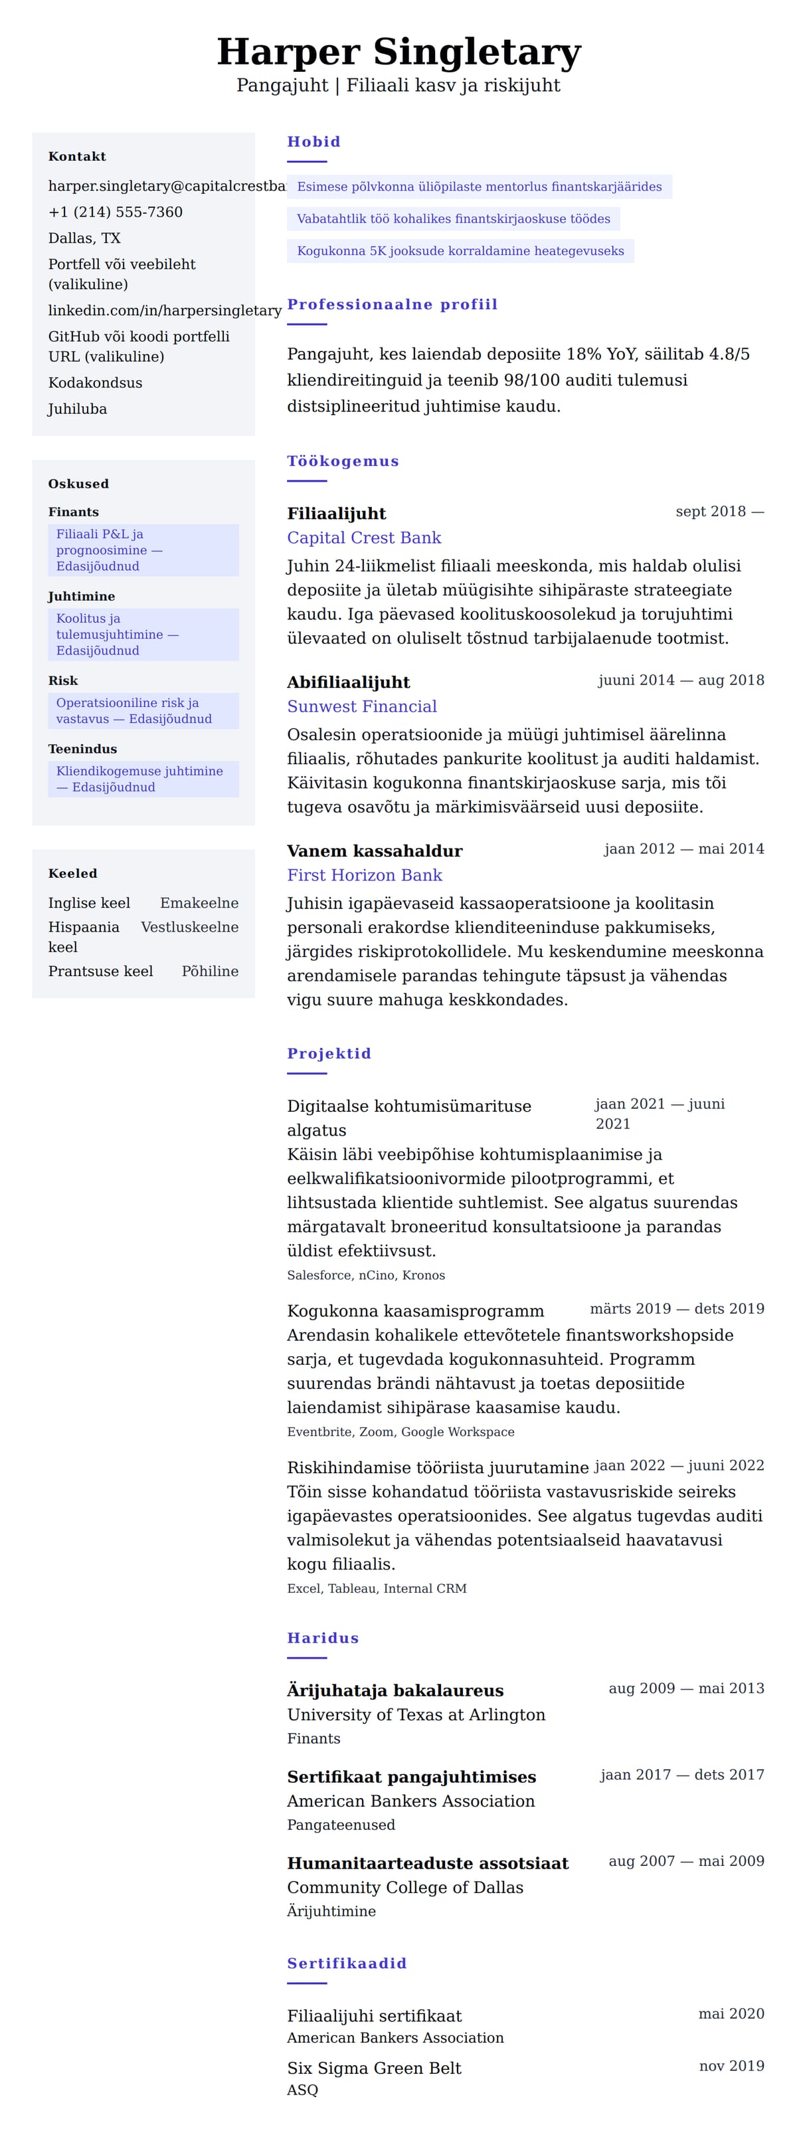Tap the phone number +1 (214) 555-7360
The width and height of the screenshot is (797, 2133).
115,212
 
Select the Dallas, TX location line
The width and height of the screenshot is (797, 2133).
84,239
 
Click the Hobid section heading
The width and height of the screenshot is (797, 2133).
313,142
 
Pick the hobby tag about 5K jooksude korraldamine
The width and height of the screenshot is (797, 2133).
460,251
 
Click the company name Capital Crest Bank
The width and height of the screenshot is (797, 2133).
363,538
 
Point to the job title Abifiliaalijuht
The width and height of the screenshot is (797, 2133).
349,682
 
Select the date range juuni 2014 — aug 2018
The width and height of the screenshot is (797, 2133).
680,680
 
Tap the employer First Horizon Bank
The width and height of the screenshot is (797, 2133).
364,875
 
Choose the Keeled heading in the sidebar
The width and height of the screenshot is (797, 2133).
73,874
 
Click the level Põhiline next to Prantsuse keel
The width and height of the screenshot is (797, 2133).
209,971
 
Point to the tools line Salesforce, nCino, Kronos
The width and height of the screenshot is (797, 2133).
366,1275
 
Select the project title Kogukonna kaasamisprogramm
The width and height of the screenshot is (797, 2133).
416,1311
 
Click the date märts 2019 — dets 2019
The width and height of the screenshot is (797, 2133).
676,1308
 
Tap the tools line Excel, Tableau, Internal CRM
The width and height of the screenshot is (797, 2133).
377,1588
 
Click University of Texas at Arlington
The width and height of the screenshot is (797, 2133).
416,1715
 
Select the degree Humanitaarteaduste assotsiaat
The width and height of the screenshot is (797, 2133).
428,1863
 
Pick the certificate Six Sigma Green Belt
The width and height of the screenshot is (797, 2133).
374,2068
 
